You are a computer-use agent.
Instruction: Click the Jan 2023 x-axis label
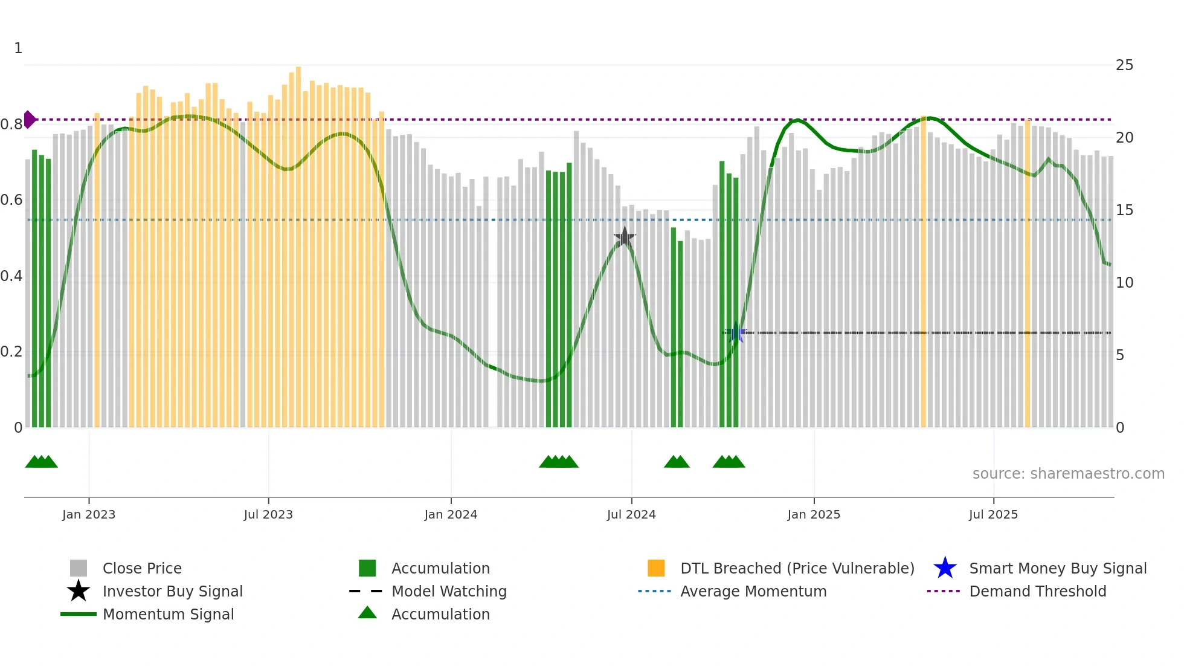point(88,514)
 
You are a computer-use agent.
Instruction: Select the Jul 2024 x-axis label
point(631,514)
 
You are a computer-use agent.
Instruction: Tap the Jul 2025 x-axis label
point(993,514)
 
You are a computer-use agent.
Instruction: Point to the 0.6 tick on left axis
point(11,200)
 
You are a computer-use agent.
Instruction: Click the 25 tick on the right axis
point(1124,65)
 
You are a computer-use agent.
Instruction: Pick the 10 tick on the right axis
point(1124,283)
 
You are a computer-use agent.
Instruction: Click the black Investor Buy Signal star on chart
point(625,238)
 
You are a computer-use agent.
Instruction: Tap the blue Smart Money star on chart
point(736,333)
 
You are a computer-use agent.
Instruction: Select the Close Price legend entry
point(142,568)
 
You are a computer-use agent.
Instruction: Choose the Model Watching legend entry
point(449,591)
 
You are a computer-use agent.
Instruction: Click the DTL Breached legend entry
point(797,568)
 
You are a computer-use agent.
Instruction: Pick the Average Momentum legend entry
point(753,591)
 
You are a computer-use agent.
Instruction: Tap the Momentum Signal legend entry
point(168,614)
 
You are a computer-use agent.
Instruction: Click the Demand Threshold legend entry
point(1037,591)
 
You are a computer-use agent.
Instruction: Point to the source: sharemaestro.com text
point(1068,474)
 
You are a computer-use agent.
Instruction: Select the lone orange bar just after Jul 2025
point(1028,272)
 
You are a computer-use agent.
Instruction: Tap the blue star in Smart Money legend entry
point(945,568)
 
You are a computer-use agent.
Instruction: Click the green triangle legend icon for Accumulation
point(367,613)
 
